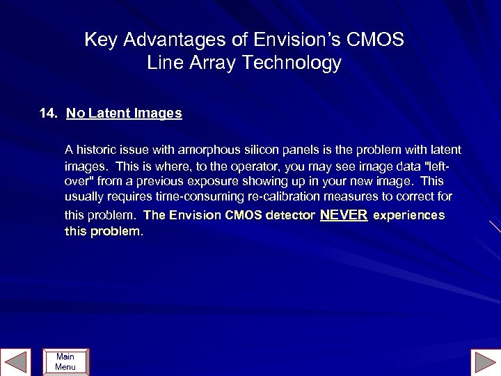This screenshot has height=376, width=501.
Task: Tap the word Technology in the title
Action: tap(292, 63)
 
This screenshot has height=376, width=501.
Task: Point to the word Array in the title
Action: tap(212, 63)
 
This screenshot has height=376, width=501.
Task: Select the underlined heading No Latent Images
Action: tap(124, 113)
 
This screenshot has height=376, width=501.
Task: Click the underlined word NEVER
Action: tap(343, 215)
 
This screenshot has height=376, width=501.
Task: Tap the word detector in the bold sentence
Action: tap(287, 216)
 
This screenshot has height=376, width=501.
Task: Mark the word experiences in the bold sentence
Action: tap(408, 216)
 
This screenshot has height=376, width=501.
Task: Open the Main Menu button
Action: tap(65, 362)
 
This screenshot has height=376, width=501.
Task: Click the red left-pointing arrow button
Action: tap(16, 362)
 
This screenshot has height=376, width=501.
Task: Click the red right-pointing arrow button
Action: tap(484, 362)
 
